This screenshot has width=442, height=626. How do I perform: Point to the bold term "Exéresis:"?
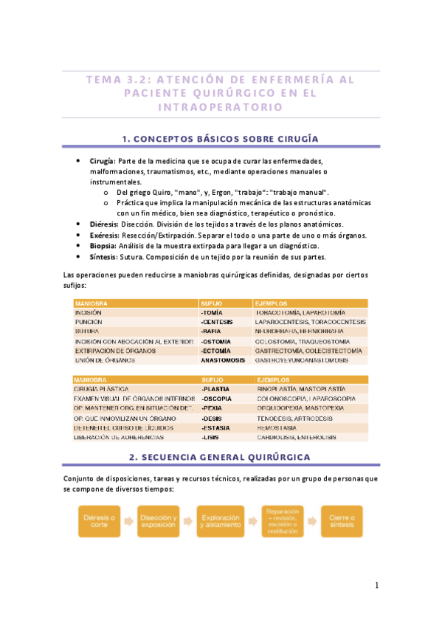coord(105,235)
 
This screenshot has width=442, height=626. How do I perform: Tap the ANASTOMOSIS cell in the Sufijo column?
coord(222,361)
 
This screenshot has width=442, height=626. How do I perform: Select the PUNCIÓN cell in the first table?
coord(88,323)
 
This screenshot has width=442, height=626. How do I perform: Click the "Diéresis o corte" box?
coord(99,522)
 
